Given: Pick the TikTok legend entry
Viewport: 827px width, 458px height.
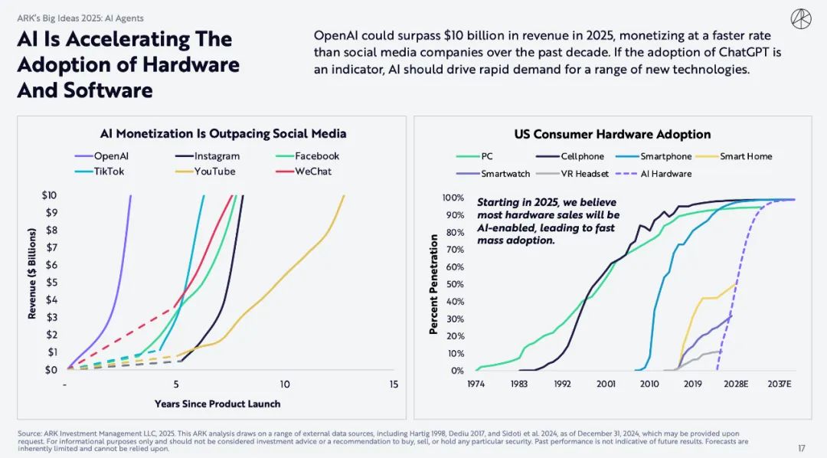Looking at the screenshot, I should point(101,172).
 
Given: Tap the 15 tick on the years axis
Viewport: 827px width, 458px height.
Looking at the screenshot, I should point(394,384).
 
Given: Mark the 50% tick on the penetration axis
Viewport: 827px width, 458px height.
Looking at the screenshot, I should point(454,284).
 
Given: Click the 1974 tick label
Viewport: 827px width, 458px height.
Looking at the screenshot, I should point(476,384).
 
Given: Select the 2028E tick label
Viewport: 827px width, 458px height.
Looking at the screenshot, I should point(736,384).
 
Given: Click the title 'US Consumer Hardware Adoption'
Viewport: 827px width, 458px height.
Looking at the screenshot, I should point(613,135).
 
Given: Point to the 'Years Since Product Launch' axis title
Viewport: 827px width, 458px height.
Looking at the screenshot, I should point(217,404).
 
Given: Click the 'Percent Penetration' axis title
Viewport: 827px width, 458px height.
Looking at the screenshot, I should point(433,284).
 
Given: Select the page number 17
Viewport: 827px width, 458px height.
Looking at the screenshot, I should point(801,448).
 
